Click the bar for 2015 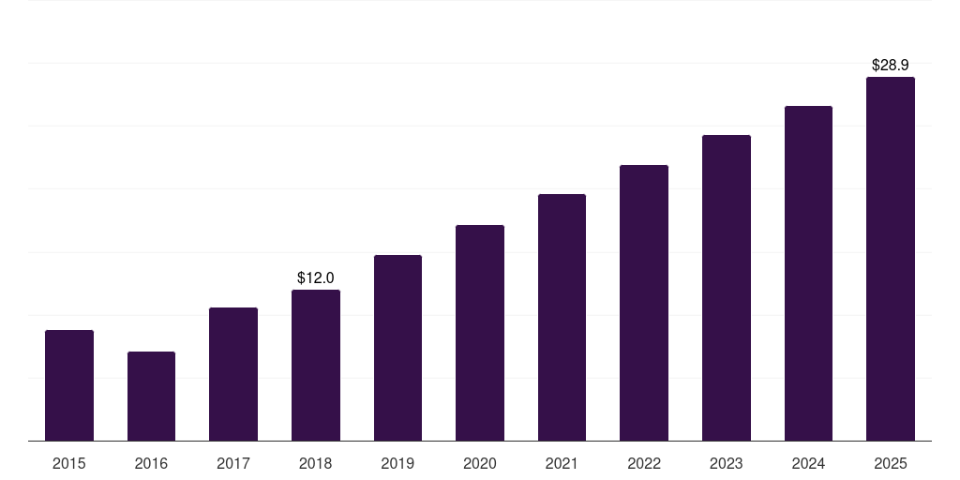point(69,385)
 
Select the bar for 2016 point(151,396)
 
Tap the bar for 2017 point(233,374)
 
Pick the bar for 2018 point(316,365)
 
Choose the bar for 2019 point(397,348)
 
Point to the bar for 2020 point(480,333)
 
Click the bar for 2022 point(644,303)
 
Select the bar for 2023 point(727,288)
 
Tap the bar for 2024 point(808,273)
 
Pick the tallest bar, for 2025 point(891,259)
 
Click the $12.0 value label point(316,277)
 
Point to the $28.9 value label point(891,65)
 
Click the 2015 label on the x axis point(69,463)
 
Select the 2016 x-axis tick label point(151,463)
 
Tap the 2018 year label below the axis point(316,463)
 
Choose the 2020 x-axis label point(480,463)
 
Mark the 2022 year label point(644,463)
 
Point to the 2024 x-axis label point(808,463)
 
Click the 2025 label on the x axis point(891,463)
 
